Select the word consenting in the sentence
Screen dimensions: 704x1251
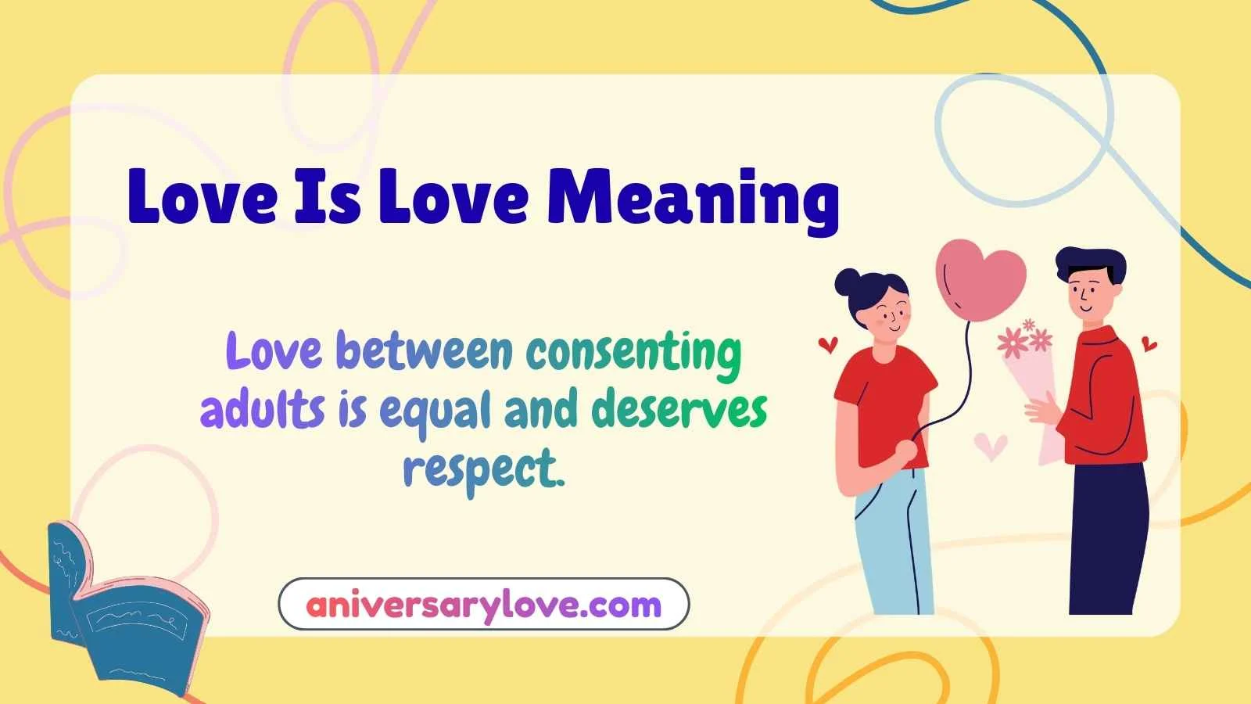click(633, 352)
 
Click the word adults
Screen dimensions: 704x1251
click(262, 409)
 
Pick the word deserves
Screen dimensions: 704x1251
click(679, 409)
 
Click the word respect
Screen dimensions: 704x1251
click(482, 468)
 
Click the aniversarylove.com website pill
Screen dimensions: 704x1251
click(483, 604)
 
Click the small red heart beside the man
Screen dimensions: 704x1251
click(1149, 343)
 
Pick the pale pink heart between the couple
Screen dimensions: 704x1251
click(991, 447)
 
